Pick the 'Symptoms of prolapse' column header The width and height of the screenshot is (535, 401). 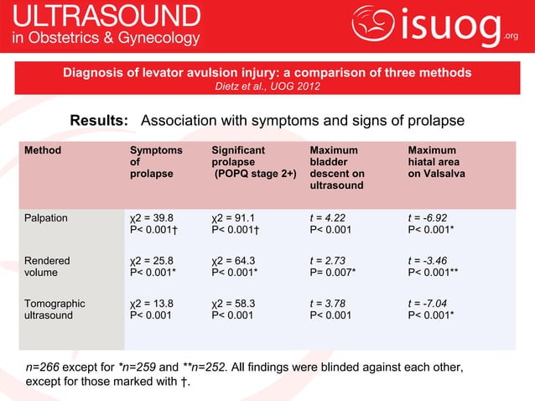(x=155, y=162)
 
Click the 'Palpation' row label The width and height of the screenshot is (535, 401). (x=47, y=217)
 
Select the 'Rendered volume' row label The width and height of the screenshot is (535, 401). (x=47, y=266)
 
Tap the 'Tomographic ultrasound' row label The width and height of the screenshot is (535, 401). (x=55, y=310)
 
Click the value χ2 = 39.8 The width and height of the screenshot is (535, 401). (x=152, y=217)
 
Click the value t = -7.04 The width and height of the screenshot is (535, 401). (x=427, y=304)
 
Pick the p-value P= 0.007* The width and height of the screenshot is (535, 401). (x=333, y=273)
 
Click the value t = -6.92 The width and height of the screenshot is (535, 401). (x=427, y=217)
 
